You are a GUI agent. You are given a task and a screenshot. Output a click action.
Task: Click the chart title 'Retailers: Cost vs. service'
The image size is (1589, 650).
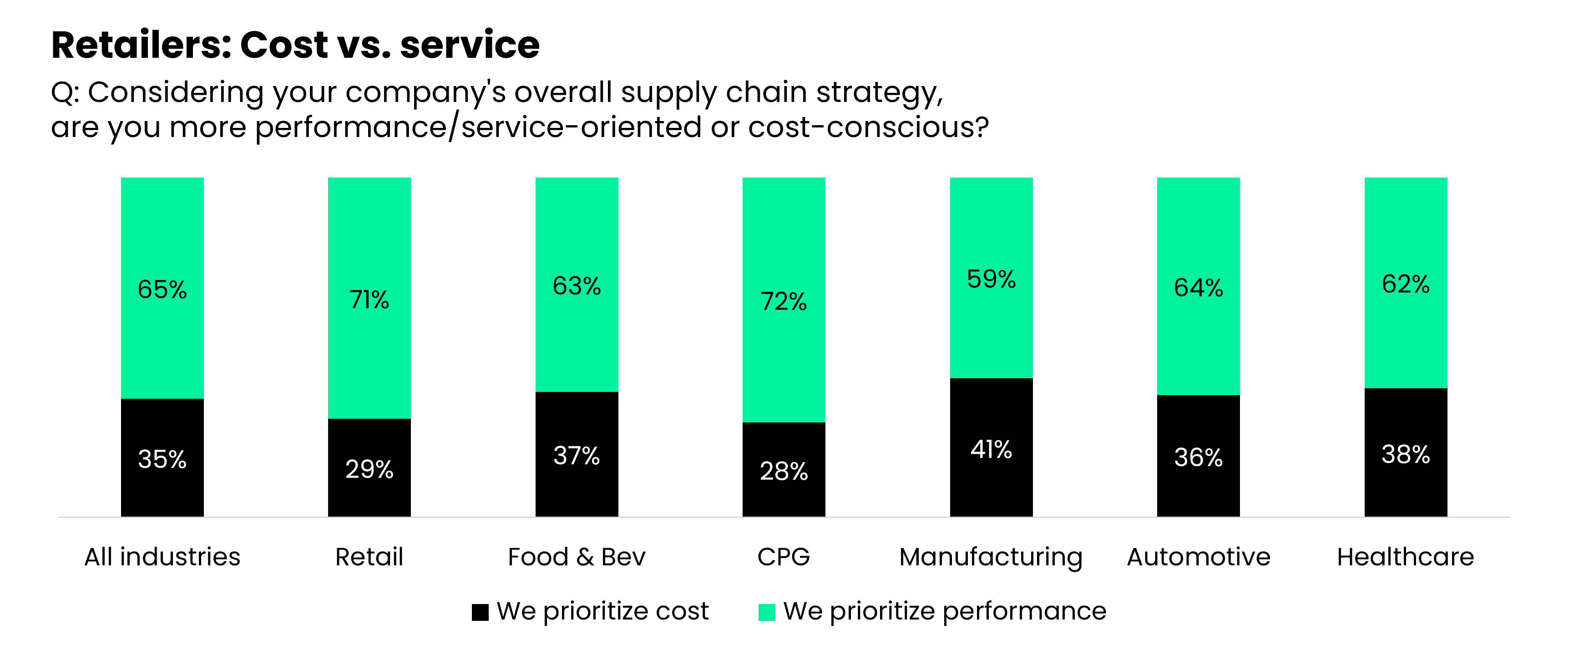[x=295, y=45]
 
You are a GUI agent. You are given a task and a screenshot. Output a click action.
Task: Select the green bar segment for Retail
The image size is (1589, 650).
[x=369, y=247]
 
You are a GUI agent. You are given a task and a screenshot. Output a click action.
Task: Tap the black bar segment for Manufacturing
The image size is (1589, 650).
[x=991, y=482]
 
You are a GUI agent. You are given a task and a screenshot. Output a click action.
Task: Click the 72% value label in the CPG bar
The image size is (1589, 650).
[x=784, y=302]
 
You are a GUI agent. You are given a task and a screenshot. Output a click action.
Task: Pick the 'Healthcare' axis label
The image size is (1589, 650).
[x=1405, y=557]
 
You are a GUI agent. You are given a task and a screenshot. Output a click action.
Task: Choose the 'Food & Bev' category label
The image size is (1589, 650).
[x=576, y=557]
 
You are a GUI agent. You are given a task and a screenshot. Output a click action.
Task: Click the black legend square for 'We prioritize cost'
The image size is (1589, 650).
[x=480, y=612]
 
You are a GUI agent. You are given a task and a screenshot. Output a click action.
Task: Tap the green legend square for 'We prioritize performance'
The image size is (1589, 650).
[x=766, y=612]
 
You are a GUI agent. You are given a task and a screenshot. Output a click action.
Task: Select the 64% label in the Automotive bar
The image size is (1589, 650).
[x=1198, y=288]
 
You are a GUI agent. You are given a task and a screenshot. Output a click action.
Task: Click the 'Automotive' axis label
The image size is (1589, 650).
[x=1198, y=557]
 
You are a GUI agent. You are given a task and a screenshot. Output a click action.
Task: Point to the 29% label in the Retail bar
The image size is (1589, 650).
[x=369, y=470]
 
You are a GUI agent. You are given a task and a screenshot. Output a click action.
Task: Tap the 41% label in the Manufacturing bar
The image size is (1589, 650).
[x=991, y=449]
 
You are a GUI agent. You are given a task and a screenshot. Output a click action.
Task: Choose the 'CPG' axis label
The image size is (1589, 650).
[x=784, y=557]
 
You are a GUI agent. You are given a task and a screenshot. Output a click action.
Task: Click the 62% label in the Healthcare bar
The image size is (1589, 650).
[x=1405, y=284]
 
